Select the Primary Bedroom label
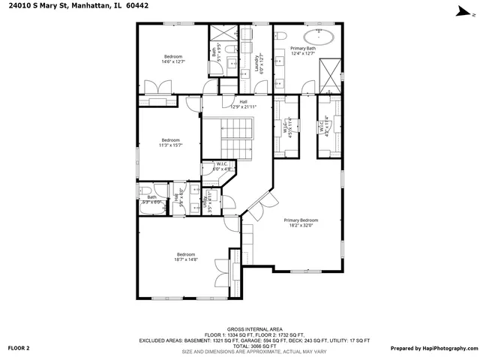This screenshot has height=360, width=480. pyautogui.click(x=301, y=223)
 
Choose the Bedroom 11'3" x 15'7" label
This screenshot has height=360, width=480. pyautogui.click(x=170, y=142)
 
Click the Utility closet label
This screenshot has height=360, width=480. pyautogui.click(x=211, y=200)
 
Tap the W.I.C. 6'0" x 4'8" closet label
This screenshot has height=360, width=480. pyautogui.click(x=222, y=167)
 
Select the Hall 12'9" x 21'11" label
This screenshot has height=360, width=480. pyautogui.click(x=243, y=105)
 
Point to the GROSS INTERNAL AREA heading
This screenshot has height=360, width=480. pyautogui.click(x=254, y=328)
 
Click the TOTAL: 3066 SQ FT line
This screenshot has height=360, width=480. pyautogui.click(x=254, y=346)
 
